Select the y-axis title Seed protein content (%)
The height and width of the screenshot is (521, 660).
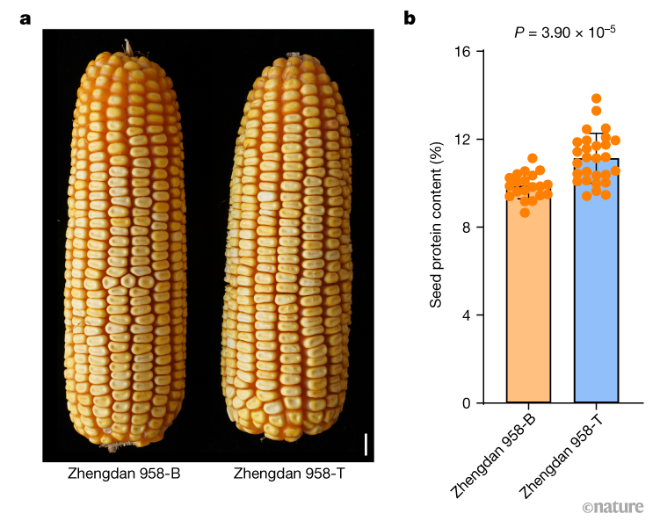point(435,228)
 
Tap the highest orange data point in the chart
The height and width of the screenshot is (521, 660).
point(596,99)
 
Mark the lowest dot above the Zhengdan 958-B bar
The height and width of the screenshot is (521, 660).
point(526,213)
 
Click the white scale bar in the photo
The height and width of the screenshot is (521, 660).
point(366,443)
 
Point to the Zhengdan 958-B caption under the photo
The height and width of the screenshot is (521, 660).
point(124,475)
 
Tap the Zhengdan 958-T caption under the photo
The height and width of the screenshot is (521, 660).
point(290,475)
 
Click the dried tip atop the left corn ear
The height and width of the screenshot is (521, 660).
point(129,45)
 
